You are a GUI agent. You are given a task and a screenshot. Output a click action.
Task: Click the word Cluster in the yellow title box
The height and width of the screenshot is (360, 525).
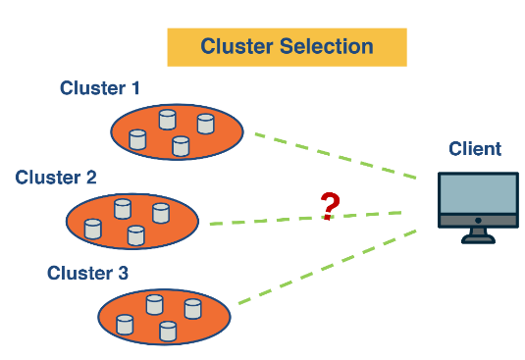point(236,46)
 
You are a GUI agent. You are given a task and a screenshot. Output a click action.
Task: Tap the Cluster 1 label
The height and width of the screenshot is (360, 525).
point(99,88)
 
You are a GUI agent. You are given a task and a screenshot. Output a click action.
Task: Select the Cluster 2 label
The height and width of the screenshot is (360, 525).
point(56,178)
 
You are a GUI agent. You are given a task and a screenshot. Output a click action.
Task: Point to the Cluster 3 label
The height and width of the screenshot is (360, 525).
point(87,272)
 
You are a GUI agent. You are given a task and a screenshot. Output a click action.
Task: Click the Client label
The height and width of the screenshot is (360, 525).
point(475,149)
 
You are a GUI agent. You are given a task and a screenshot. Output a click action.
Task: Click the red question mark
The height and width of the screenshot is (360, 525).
point(331,206)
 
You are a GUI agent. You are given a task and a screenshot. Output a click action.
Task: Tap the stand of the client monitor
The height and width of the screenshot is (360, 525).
point(478,234)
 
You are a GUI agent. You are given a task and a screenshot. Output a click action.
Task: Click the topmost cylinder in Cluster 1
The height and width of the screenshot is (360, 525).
point(167,119)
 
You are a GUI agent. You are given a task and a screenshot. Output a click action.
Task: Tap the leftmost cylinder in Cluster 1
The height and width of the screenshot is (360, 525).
point(137,139)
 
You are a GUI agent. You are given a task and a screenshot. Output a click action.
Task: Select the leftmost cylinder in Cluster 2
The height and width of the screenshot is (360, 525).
point(92,230)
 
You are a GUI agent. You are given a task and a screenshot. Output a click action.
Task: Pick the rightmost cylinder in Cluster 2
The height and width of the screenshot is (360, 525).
point(161,214)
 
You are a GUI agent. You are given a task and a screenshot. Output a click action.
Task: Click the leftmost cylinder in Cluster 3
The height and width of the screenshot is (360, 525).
point(125,325)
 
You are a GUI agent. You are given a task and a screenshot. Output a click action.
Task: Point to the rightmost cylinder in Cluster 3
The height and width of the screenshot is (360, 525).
point(192,309)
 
